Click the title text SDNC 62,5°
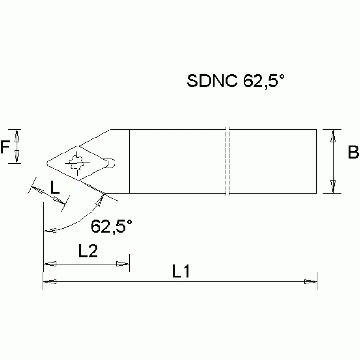[236, 81]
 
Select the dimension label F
[5, 148]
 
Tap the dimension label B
[353, 153]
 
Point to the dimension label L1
[180, 271]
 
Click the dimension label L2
[88, 252]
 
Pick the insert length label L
[55, 189]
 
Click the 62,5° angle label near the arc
[111, 227]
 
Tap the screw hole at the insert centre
[76, 163]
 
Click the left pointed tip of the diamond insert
[47, 163]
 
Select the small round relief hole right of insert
[111, 163]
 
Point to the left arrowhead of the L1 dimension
[49, 282]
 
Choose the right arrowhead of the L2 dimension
[123, 264]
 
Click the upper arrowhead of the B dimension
[333, 136]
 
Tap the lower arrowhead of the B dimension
[333, 187]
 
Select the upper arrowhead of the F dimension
[17, 136]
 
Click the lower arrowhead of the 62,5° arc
[49, 230]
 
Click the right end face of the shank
[317, 161]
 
